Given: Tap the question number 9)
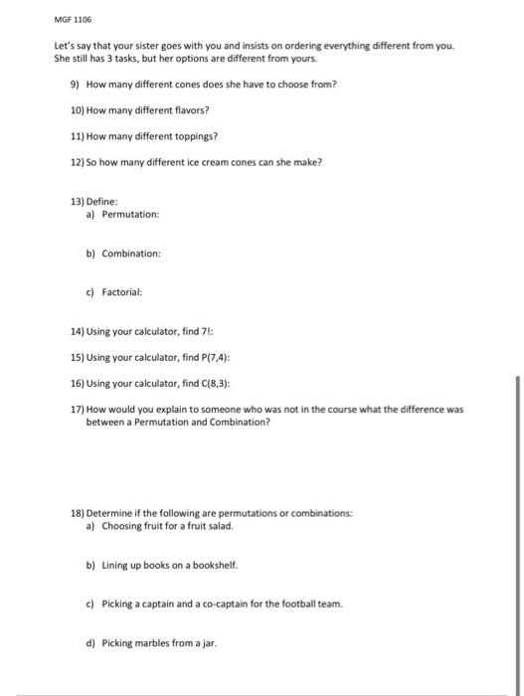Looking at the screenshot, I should [76, 84].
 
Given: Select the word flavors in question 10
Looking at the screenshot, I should [190, 109].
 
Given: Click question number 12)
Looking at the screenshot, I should [79, 161].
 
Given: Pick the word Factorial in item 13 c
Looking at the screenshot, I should [123, 293].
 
